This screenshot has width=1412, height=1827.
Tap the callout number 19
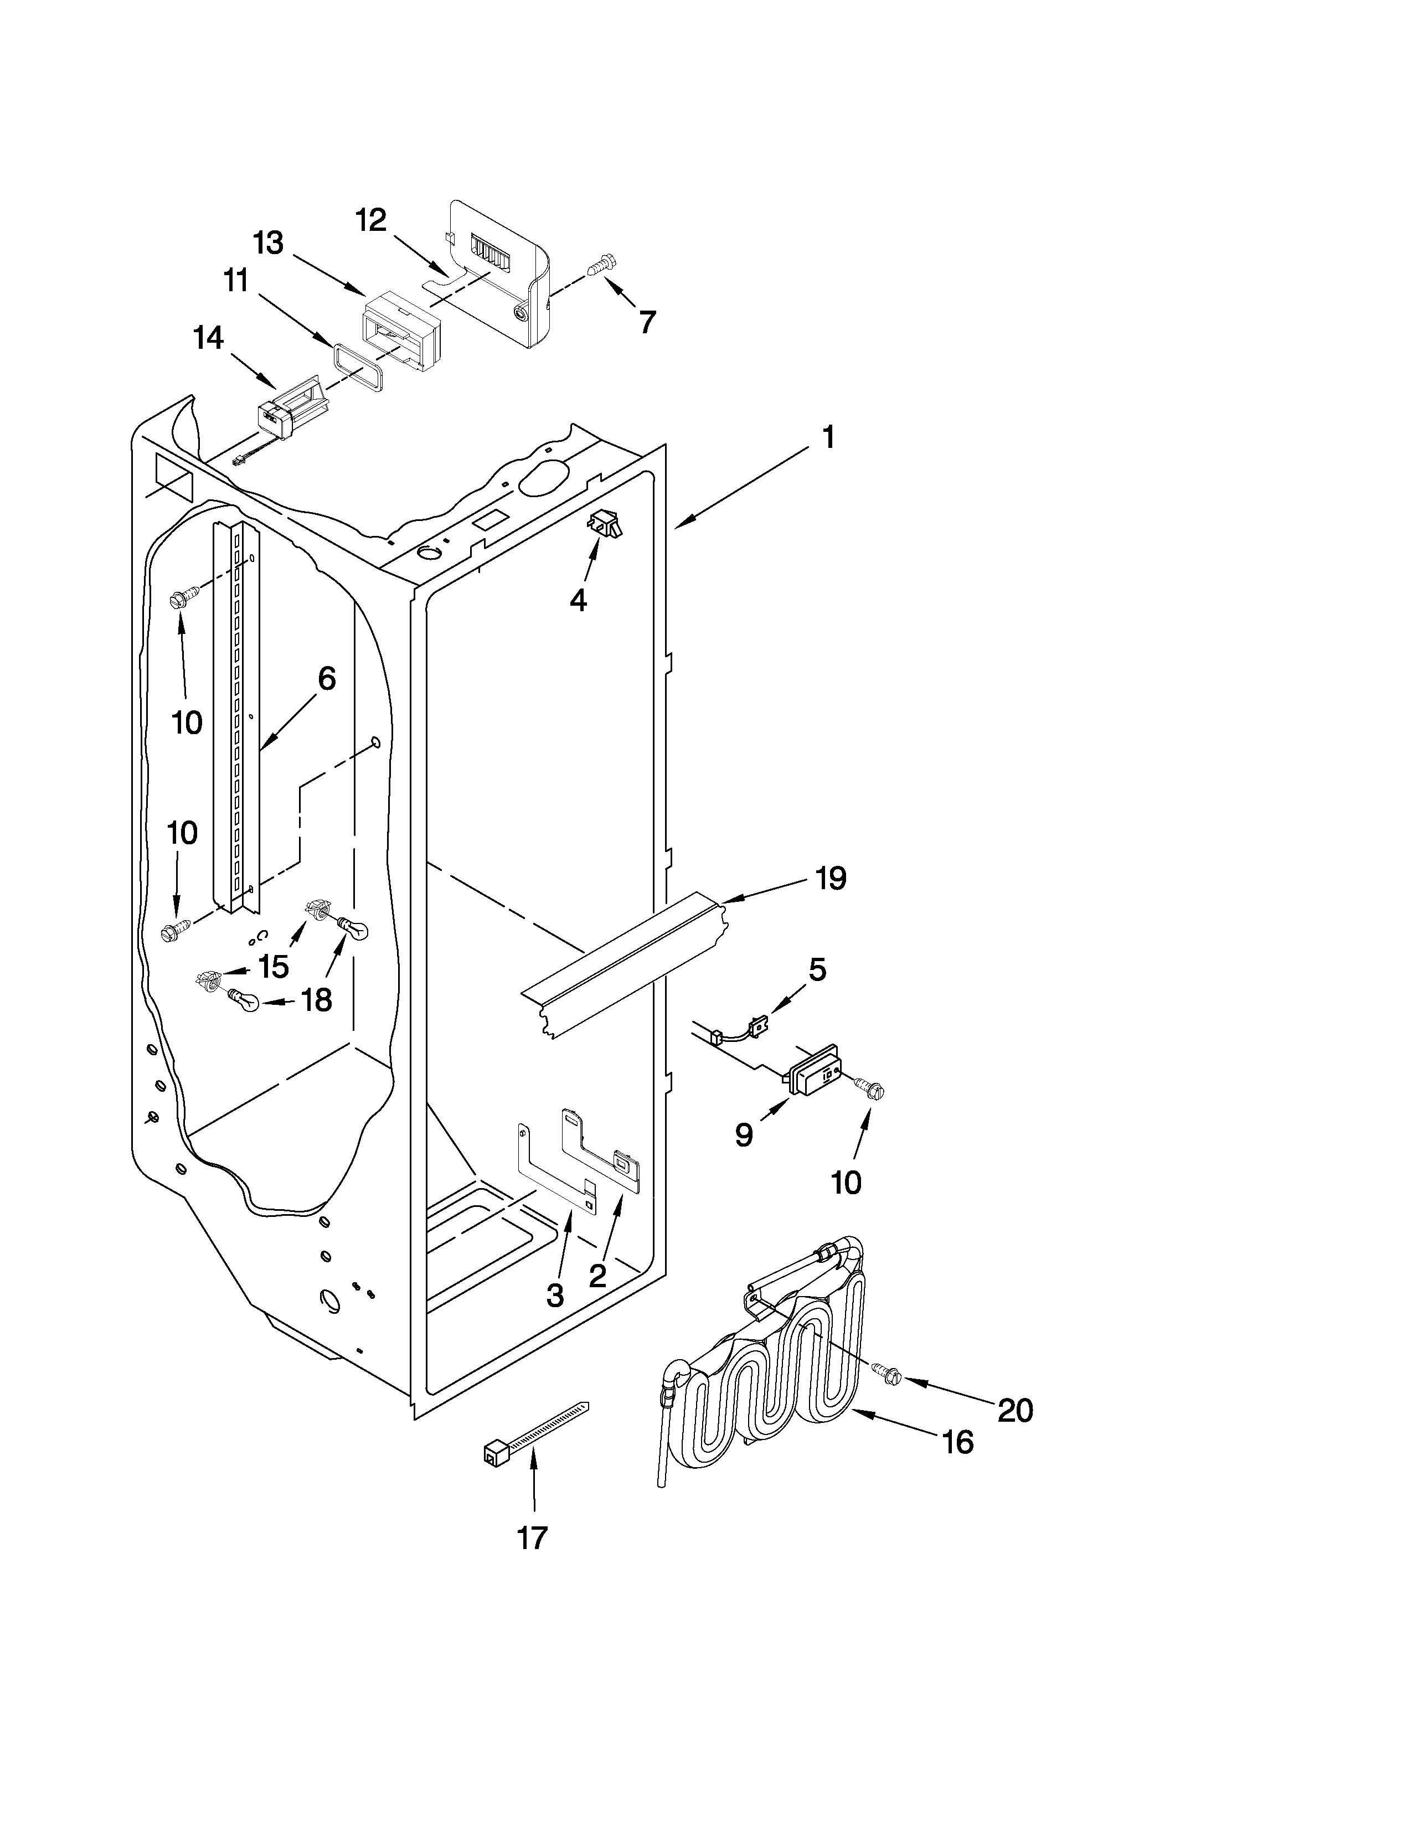tap(831, 879)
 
